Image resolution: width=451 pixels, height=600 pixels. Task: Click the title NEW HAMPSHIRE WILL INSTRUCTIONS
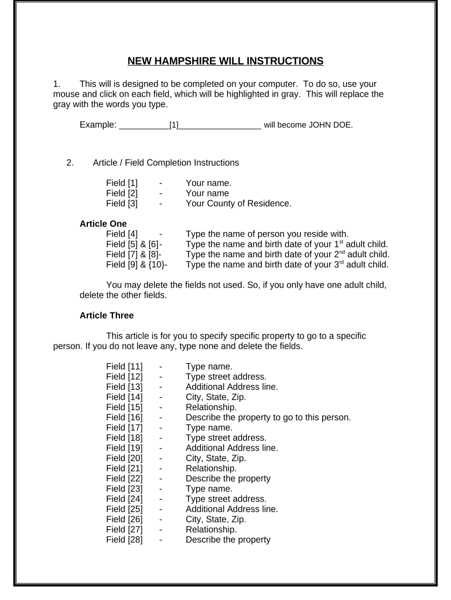(225, 61)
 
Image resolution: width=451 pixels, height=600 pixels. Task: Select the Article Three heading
(106, 315)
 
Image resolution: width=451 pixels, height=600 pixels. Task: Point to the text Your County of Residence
(238, 204)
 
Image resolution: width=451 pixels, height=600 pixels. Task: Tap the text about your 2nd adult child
(288, 254)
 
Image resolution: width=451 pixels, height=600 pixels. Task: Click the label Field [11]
(124, 367)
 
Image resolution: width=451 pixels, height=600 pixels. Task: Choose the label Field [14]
(124, 397)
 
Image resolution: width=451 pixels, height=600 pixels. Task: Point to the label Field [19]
(124, 448)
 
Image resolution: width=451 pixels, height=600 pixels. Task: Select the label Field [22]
(124, 479)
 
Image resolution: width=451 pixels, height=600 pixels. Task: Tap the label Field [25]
(124, 509)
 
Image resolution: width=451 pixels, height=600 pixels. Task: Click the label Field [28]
(124, 540)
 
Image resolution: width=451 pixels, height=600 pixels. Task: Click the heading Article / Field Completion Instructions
(166, 163)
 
